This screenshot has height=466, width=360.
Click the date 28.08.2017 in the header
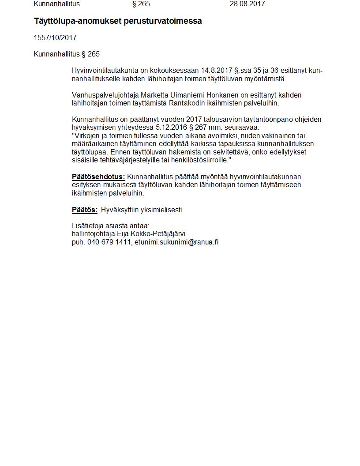(x=247, y=4)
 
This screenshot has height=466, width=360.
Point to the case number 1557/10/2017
(x=55, y=38)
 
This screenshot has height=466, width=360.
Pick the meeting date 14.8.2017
(x=216, y=71)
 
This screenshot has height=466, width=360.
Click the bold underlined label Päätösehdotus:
(x=98, y=177)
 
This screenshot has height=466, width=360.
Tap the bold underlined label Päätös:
(x=85, y=210)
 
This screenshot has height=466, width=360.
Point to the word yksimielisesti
(x=161, y=210)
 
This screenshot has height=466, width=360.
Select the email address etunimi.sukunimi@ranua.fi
(x=176, y=242)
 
